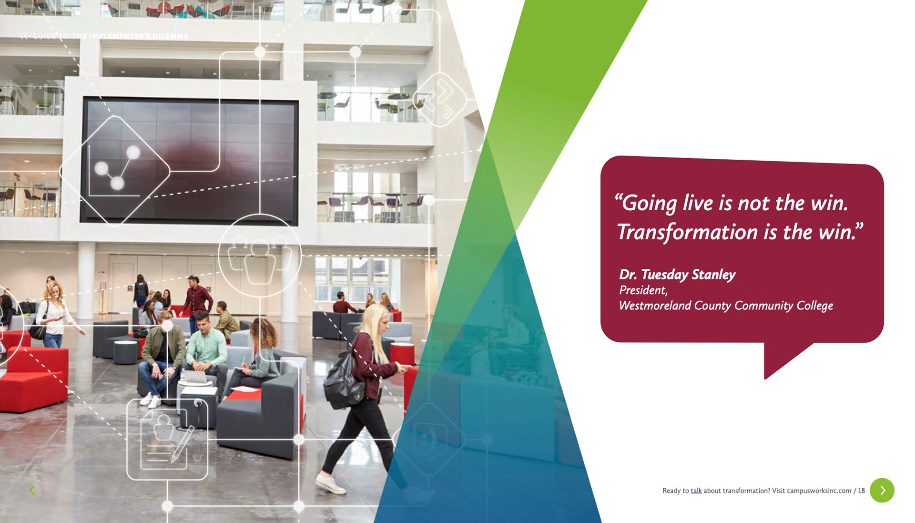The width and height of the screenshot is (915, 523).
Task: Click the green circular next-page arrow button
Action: (882, 490)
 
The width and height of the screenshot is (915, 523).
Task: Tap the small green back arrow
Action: (32, 490)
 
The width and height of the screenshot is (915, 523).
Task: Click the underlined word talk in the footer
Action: (696, 491)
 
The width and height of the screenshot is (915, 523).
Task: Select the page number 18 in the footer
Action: (861, 491)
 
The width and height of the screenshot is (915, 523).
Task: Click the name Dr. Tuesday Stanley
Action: (677, 275)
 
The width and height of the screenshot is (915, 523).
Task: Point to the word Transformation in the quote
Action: (687, 233)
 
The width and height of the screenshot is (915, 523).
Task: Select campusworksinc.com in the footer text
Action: (819, 491)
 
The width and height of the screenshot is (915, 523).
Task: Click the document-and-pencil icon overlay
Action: (167, 439)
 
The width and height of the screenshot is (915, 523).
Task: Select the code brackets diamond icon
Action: (439, 99)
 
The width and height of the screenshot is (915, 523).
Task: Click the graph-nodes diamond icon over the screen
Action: (115, 171)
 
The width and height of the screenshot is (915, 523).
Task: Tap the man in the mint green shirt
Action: (206, 348)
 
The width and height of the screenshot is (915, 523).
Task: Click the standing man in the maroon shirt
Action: (196, 300)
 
